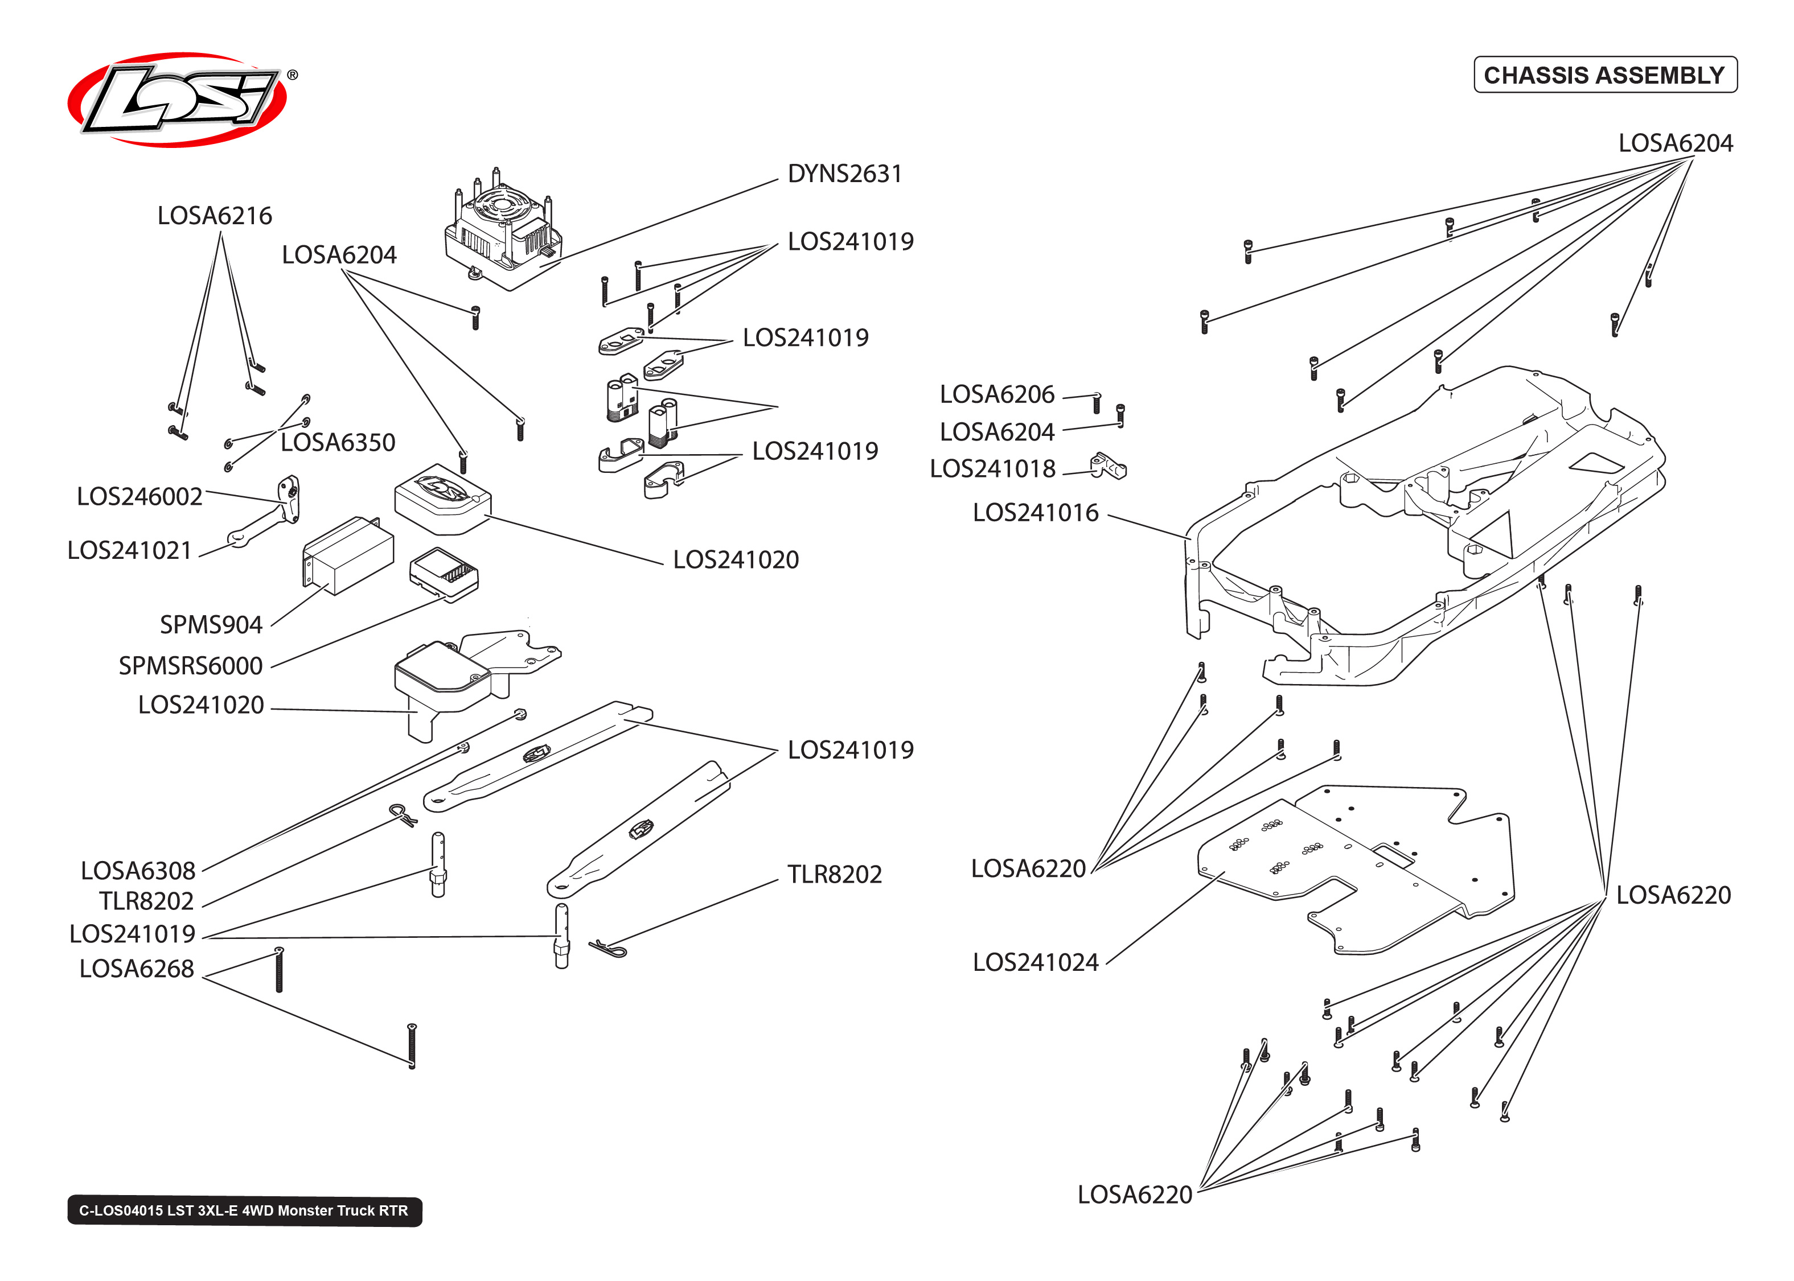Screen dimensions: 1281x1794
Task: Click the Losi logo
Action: pyautogui.click(x=178, y=100)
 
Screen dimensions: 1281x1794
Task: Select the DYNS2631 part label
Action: pyautogui.click(x=844, y=174)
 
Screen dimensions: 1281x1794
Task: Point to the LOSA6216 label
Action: pyautogui.click(x=215, y=215)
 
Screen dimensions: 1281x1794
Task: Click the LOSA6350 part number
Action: pyautogui.click(x=338, y=443)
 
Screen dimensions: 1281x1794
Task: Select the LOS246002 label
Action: pyautogui.click(x=139, y=496)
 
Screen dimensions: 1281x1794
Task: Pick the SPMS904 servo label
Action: pyautogui.click(x=211, y=625)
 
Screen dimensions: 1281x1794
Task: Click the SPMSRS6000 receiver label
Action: pyautogui.click(x=190, y=666)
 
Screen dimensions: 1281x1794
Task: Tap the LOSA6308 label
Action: pyautogui.click(x=138, y=871)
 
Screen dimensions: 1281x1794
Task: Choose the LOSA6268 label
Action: pyautogui.click(x=137, y=969)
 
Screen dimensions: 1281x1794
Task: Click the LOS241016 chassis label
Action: pyautogui.click(x=1035, y=513)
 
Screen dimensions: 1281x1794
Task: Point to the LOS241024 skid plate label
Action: pyautogui.click(x=1035, y=962)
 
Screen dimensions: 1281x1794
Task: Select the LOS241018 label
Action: pyautogui.click(x=992, y=468)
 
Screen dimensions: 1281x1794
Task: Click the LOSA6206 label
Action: pyautogui.click(x=996, y=394)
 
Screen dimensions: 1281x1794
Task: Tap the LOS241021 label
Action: pyautogui.click(x=129, y=550)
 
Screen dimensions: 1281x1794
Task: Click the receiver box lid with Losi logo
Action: pyautogui.click(x=442, y=493)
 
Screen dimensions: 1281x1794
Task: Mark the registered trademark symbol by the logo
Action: pyautogui.click(x=293, y=75)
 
